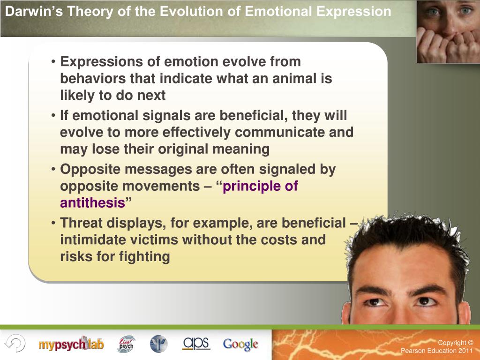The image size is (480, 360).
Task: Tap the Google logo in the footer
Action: pos(240,344)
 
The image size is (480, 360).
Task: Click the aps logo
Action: pos(196,343)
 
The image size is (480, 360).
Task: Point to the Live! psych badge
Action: pos(126,344)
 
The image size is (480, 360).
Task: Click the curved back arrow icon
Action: pos(15,344)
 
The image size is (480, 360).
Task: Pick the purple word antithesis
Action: pos(92,203)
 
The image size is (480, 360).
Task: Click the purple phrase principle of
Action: pos(260,186)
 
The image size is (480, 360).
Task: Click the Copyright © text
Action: pos(456,343)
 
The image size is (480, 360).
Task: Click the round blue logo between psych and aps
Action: pos(158,344)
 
